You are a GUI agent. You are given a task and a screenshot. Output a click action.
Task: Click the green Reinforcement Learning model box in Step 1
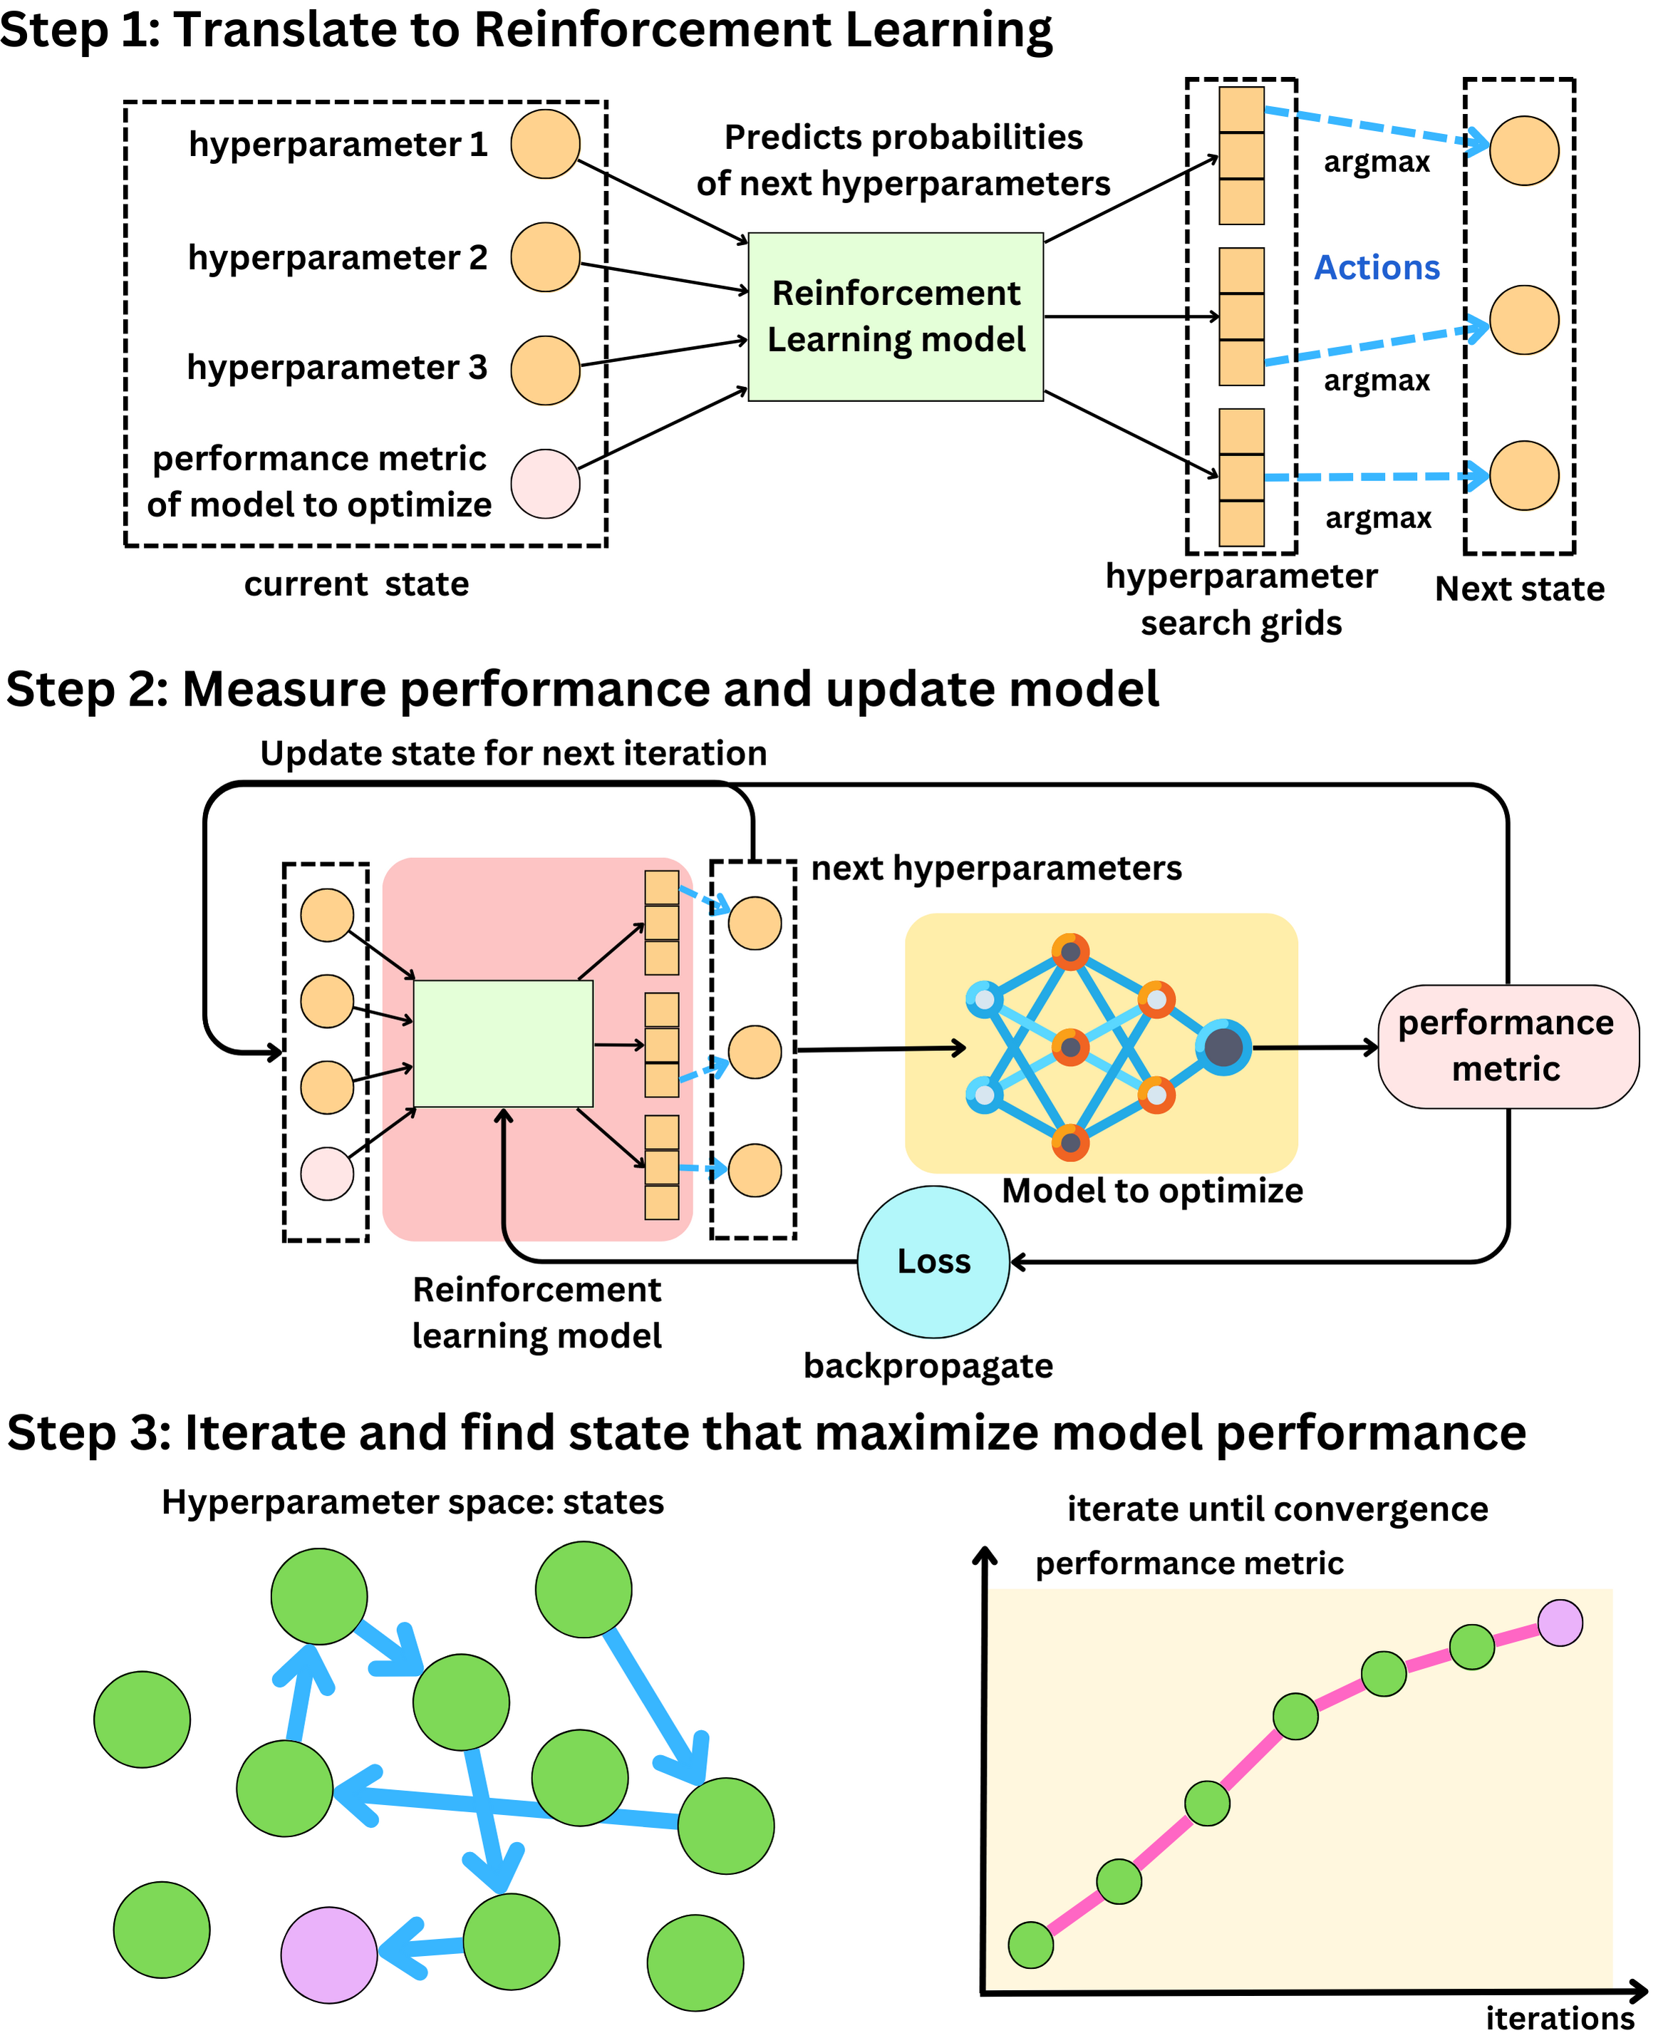pos(896,317)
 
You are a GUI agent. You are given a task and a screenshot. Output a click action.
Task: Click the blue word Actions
pos(1377,268)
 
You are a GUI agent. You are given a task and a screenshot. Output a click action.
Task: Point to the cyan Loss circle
pos(933,1262)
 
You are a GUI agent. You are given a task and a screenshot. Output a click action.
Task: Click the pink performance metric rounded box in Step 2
pos(1508,1047)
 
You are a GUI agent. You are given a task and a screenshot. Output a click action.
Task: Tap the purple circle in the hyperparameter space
pos(329,1954)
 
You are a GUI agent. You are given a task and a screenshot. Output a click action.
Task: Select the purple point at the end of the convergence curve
pos(1560,1623)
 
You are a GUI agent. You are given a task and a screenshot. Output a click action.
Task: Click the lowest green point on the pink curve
pos(1030,1945)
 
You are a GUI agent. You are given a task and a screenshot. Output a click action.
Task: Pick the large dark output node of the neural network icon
pos(1223,1048)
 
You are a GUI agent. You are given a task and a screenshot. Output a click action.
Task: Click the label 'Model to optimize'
pos(1152,1191)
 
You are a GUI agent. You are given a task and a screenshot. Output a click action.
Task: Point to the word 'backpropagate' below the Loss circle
pos(928,1365)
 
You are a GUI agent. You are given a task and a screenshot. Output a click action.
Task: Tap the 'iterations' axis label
pos(1560,2019)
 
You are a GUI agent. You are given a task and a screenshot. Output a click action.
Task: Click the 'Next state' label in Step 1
pos(1520,589)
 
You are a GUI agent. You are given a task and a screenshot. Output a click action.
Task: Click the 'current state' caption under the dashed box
pos(356,584)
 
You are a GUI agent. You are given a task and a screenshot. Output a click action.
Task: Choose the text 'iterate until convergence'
pos(1277,1509)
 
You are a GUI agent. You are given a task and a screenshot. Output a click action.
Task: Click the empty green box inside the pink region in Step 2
pos(504,1044)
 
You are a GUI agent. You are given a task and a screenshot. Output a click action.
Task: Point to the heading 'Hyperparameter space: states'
pos(413,1502)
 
